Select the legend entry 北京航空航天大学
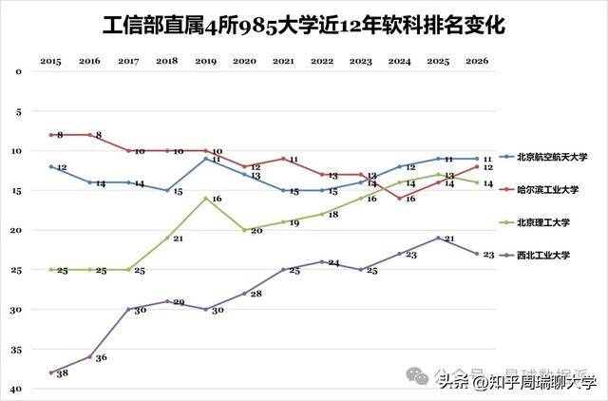(553, 157)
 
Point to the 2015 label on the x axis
(50, 61)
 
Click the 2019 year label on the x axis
(205, 61)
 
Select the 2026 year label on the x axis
(477, 61)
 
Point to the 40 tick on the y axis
(17, 389)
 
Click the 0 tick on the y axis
(17, 71)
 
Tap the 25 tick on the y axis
(17, 270)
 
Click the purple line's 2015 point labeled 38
(50, 372)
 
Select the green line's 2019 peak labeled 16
(205, 198)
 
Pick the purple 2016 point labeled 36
(89, 356)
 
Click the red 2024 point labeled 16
(399, 198)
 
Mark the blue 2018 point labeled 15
(167, 190)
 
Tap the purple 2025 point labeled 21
(438, 238)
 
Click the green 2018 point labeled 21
(167, 238)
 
